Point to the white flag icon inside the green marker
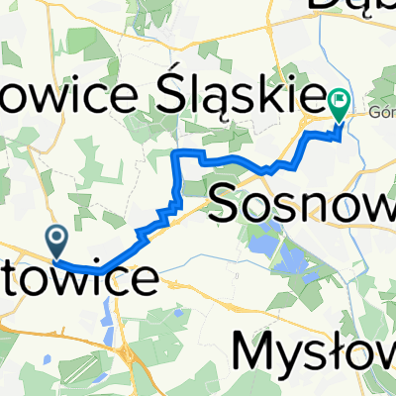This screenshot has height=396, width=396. coord(340,98)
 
